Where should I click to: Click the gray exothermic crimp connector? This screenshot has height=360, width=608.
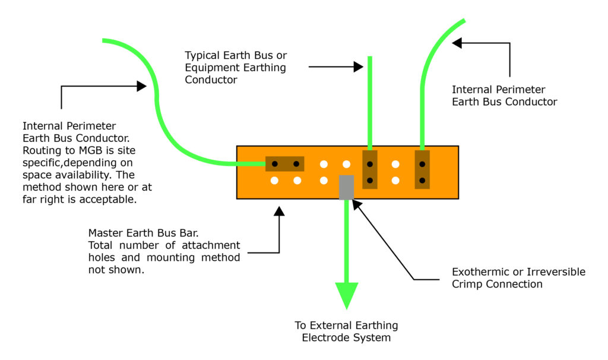point(346,187)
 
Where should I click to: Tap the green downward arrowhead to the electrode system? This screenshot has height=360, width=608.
point(347,295)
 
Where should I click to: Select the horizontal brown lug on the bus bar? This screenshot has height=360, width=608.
point(284,163)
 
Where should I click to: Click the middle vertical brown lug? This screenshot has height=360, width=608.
point(370,169)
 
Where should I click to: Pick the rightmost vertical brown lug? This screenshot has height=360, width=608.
point(422,169)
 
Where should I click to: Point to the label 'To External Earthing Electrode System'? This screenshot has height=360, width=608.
point(347,331)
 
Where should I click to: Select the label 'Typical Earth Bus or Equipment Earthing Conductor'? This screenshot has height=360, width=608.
point(236,67)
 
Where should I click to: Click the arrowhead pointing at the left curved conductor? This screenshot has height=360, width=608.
point(141,86)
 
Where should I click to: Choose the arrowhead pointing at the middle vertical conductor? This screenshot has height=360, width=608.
point(358,67)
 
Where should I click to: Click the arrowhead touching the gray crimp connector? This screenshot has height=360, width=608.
point(356,203)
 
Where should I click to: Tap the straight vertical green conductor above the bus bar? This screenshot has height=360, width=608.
point(370,101)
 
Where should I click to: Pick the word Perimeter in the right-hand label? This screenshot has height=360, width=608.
point(520,90)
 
